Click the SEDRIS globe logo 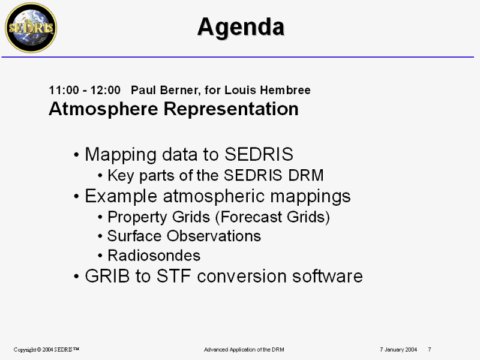click(x=31, y=28)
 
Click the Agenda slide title click(x=241, y=27)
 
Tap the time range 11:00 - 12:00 click(x=85, y=91)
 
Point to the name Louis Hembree click(x=268, y=90)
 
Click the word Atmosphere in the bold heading click(x=103, y=109)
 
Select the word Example click(x=121, y=197)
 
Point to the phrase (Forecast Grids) click(x=272, y=217)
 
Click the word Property click(x=137, y=217)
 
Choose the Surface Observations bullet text click(x=184, y=236)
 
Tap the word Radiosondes click(x=154, y=256)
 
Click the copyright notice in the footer click(x=46, y=349)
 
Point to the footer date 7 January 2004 click(x=398, y=349)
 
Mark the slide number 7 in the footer click(x=430, y=349)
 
